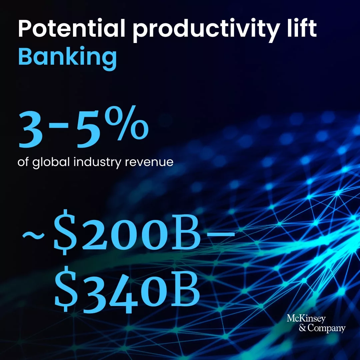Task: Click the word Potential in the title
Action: point(72,28)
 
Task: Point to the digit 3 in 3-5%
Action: point(31,130)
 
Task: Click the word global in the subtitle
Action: point(51,163)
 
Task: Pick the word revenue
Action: point(149,163)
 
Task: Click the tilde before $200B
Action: point(33,235)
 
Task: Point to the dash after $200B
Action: point(219,234)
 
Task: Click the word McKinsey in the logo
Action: point(306,319)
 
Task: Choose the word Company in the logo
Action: point(326,329)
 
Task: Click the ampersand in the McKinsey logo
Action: point(302,328)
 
